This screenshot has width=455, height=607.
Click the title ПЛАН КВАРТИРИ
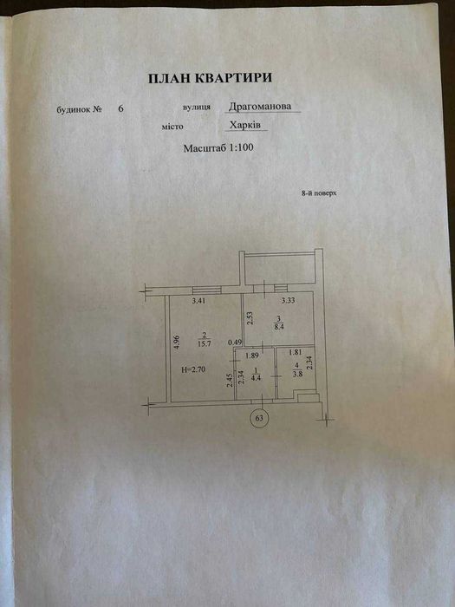[210, 78]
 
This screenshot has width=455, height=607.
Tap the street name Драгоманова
[260, 107]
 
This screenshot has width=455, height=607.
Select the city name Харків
[245, 126]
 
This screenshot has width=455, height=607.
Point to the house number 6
[121, 108]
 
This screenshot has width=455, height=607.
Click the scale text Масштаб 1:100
[218, 148]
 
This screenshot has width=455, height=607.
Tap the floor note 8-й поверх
[319, 193]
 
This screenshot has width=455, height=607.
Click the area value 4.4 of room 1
[256, 378]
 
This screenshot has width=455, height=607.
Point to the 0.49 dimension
[234, 343]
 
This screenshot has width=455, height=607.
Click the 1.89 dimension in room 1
[252, 354]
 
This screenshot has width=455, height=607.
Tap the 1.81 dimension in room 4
[296, 353]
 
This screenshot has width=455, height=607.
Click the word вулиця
[197, 108]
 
